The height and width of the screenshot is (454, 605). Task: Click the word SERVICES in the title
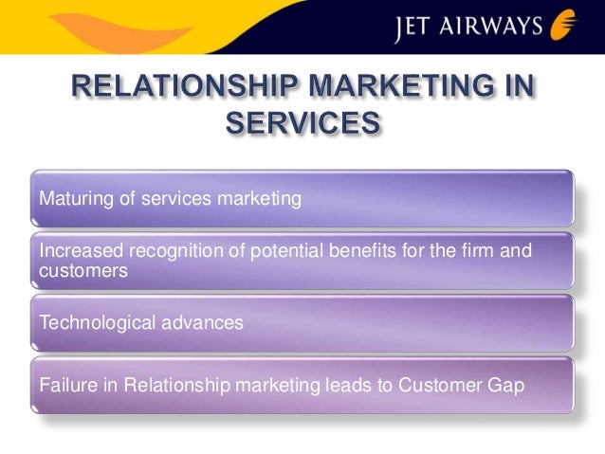(x=302, y=125)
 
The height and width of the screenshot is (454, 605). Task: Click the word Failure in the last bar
(x=64, y=387)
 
